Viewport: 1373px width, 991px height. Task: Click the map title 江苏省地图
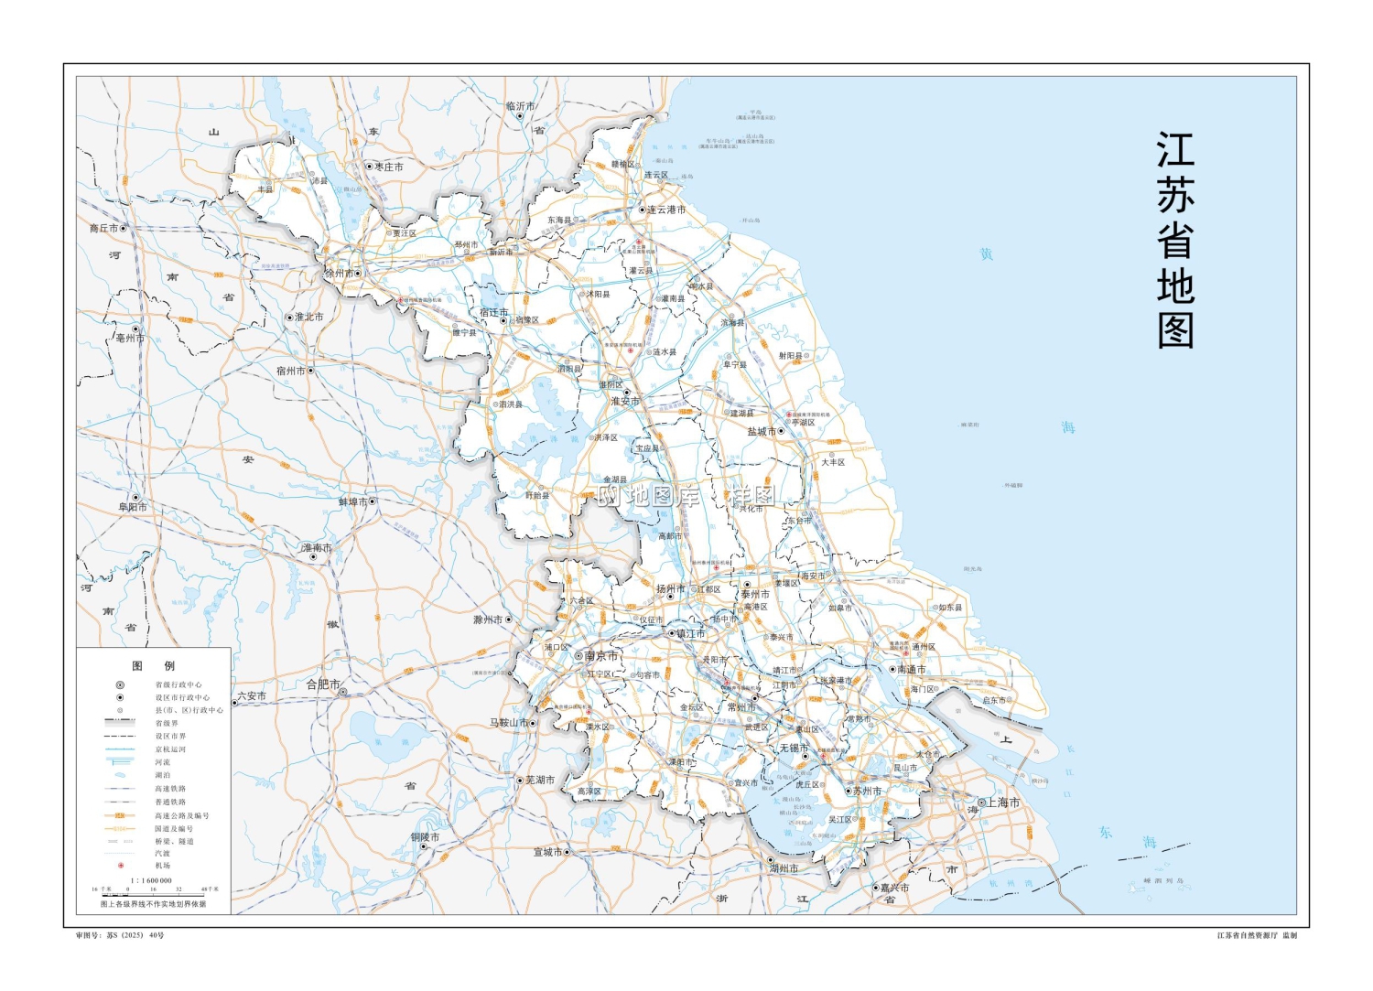click(1175, 240)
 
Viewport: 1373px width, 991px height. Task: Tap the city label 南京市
click(601, 655)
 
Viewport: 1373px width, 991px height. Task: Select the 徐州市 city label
click(340, 273)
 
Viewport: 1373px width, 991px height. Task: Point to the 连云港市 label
click(666, 210)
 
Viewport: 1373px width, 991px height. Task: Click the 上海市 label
click(1002, 802)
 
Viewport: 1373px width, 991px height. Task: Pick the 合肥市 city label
click(323, 684)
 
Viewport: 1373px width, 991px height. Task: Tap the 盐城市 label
click(762, 431)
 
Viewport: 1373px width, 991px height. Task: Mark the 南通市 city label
click(912, 669)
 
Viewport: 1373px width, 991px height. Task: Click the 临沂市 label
click(521, 106)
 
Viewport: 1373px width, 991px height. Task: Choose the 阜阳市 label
click(132, 507)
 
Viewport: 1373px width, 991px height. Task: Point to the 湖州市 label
click(784, 868)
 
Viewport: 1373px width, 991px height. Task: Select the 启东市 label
click(994, 700)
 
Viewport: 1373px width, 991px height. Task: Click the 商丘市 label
click(103, 228)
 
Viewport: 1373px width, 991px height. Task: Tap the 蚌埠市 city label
click(352, 501)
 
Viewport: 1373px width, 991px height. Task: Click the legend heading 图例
click(153, 665)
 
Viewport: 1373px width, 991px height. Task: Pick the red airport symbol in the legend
click(120, 865)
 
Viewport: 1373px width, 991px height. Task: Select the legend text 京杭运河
click(170, 749)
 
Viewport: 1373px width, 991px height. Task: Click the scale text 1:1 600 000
click(151, 880)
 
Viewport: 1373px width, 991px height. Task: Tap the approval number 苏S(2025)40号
click(120, 935)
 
